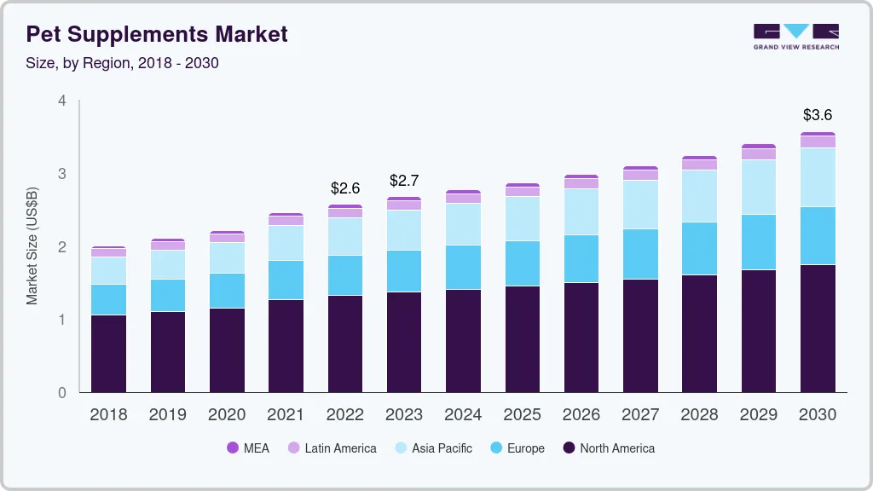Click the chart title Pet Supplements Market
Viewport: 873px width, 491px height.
tap(157, 35)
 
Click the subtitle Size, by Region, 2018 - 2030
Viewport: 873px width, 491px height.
tap(123, 63)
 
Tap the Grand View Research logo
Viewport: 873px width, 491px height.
tap(795, 36)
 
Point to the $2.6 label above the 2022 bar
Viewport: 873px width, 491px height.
tap(345, 188)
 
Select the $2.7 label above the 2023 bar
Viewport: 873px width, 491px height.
tap(404, 181)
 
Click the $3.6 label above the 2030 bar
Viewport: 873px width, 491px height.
tap(818, 115)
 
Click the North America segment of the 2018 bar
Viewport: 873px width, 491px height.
tap(108, 354)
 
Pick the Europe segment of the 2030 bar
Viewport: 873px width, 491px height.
tap(818, 235)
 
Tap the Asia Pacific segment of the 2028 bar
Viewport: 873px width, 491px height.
tap(699, 196)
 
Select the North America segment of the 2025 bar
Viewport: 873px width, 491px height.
tap(522, 339)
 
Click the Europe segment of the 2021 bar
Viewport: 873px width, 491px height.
tap(286, 280)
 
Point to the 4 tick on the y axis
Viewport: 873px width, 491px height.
tap(61, 101)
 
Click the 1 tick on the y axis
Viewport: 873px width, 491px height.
tap(61, 320)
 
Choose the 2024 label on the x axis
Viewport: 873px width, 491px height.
tap(463, 415)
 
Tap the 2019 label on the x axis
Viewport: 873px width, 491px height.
tap(167, 415)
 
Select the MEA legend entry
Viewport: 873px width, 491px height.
tap(247, 448)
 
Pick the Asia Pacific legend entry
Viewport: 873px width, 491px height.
tap(432, 448)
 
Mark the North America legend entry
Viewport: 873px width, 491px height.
tap(608, 448)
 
